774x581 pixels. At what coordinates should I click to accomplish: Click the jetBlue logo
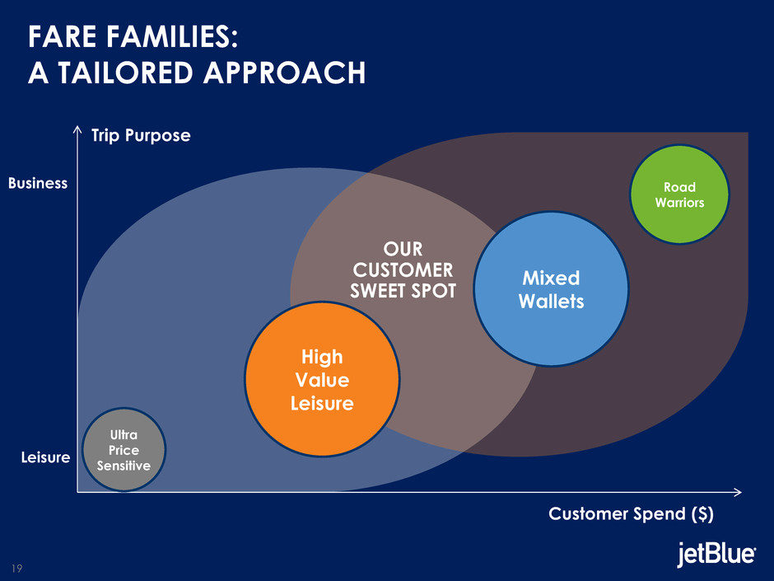click(716, 555)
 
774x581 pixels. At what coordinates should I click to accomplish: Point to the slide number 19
click(16, 568)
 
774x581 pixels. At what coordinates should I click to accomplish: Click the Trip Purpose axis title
click(141, 135)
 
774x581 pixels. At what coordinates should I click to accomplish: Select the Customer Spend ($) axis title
click(631, 514)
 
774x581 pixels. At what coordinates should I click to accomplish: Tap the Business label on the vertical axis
click(38, 183)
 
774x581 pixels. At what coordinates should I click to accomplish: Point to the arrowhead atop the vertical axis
click(77, 129)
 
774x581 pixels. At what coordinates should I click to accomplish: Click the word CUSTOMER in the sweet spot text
click(403, 269)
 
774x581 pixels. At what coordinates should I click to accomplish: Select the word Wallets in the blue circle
click(551, 302)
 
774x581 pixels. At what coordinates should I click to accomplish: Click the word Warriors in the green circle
click(679, 202)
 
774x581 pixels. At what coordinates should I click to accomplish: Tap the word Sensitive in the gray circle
click(124, 466)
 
